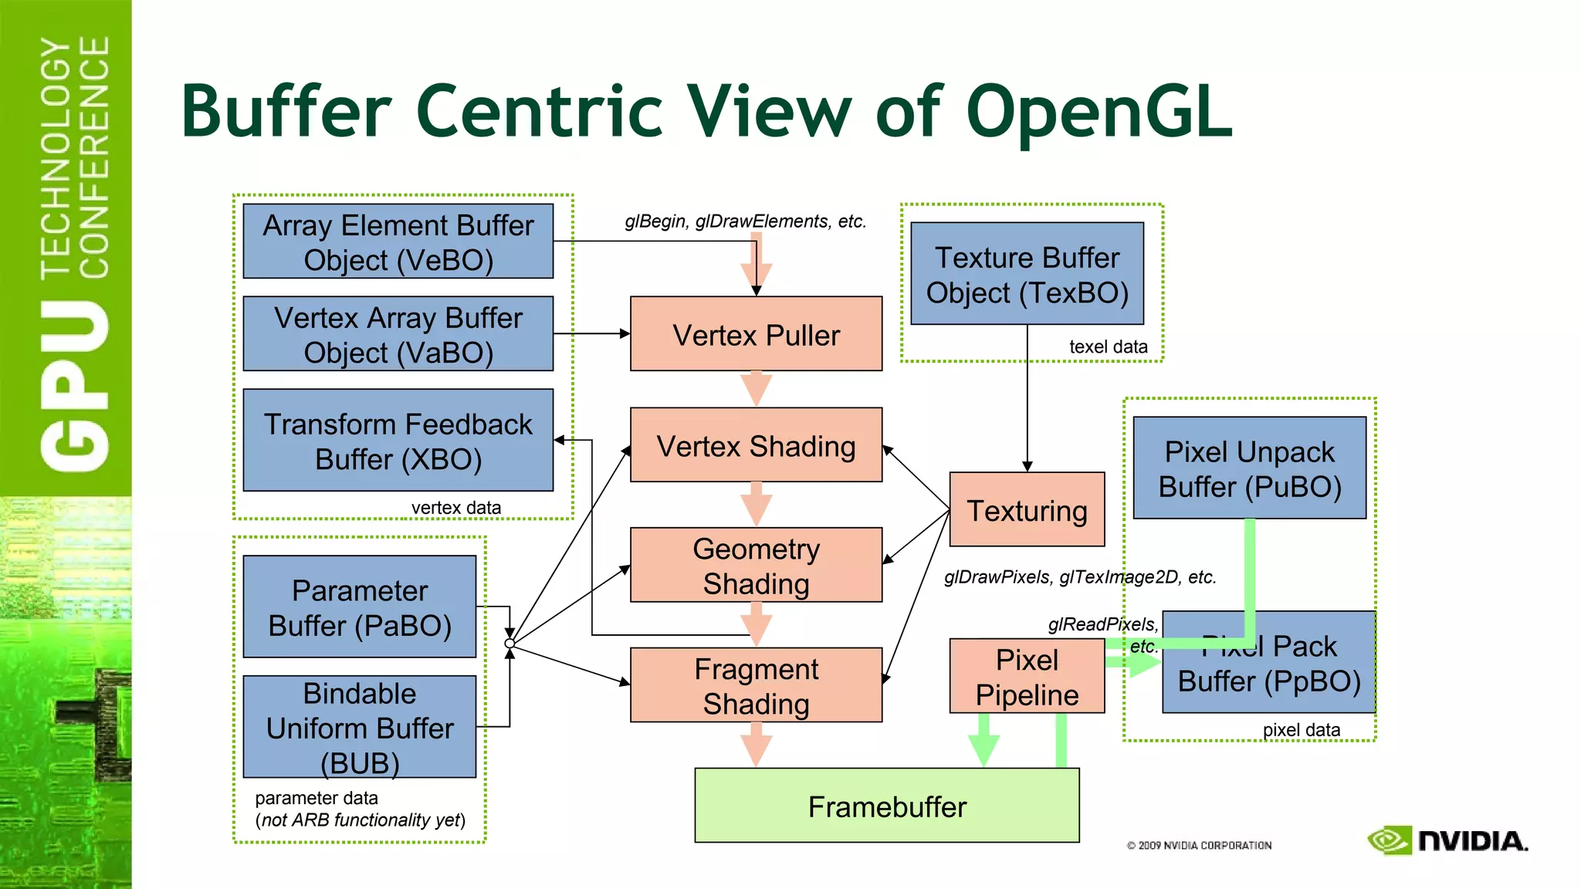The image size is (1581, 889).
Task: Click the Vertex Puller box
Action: click(x=756, y=334)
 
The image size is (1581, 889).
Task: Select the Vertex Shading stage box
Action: click(x=756, y=445)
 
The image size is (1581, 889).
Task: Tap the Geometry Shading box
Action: click(x=756, y=565)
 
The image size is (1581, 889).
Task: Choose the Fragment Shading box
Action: click(x=756, y=685)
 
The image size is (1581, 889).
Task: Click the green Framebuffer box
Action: click(x=886, y=806)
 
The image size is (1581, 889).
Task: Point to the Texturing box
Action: click(x=1027, y=510)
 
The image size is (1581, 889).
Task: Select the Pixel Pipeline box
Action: click(x=1027, y=677)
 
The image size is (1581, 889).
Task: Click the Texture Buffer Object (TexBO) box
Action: click(x=1027, y=274)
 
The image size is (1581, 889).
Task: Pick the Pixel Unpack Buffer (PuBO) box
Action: click(x=1249, y=468)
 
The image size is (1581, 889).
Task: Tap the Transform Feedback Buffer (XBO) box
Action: click(x=398, y=441)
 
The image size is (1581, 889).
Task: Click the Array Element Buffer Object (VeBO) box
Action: click(x=398, y=242)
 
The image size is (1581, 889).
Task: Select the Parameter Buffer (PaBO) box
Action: click(x=359, y=607)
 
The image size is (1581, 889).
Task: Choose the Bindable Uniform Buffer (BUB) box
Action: click(x=359, y=727)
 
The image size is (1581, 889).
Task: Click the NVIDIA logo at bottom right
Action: click(x=1447, y=840)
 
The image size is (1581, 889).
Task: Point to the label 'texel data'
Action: click(x=1108, y=347)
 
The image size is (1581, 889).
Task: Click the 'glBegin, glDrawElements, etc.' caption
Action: click(x=745, y=221)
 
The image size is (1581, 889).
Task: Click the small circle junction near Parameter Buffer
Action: click(x=510, y=643)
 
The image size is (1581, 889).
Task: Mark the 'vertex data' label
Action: click(x=455, y=508)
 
